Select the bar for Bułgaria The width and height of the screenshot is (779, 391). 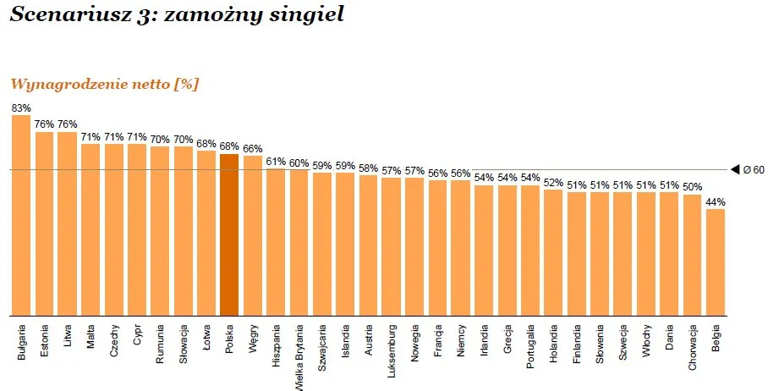pyautogui.click(x=21, y=215)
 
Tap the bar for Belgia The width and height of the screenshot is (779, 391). pyautogui.click(x=716, y=262)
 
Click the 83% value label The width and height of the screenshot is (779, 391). pyautogui.click(x=21, y=108)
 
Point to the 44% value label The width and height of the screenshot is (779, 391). pyautogui.click(x=716, y=201)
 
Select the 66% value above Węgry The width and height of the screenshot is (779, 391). pyautogui.click(x=252, y=148)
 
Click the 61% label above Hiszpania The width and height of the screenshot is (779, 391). pyautogui.click(x=276, y=161)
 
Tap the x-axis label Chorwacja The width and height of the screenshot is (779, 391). pyautogui.click(x=693, y=347)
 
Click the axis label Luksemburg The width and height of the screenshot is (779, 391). pyautogui.click(x=392, y=349)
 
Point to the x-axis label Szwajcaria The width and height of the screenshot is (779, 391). pyautogui.click(x=322, y=347)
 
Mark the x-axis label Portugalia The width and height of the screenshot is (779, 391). pyautogui.click(x=530, y=347)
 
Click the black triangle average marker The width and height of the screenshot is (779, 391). pyautogui.click(x=735, y=170)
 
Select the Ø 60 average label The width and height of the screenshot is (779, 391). pyautogui.click(x=754, y=170)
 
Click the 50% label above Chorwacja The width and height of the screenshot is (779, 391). pyautogui.click(x=693, y=187)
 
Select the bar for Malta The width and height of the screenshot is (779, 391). pyautogui.click(x=91, y=229)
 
